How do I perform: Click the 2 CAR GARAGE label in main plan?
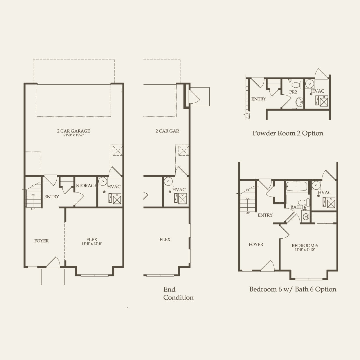pyautogui.click(x=73, y=131)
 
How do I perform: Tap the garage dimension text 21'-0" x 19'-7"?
pyautogui.click(x=73, y=135)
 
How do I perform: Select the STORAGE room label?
pyautogui.click(x=86, y=186)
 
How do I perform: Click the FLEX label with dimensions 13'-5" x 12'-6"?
pyautogui.click(x=92, y=240)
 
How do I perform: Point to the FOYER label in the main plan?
pyautogui.click(x=42, y=241)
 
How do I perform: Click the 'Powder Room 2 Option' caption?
pyautogui.click(x=288, y=133)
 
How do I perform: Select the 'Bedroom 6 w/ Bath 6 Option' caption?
pyautogui.click(x=293, y=289)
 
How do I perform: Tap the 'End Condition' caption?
pyautogui.click(x=178, y=294)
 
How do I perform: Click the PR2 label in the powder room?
pyautogui.click(x=293, y=92)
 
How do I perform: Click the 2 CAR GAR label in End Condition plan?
pyautogui.click(x=167, y=131)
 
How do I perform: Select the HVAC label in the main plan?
pyautogui.click(x=114, y=187)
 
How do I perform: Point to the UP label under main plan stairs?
pyautogui.click(x=33, y=209)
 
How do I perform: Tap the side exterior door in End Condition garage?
pyautogui.click(x=193, y=96)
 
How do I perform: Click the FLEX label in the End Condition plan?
pyautogui.click(x=165, y=240)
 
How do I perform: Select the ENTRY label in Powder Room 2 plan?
pyautogui.click(x=258, y=99)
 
